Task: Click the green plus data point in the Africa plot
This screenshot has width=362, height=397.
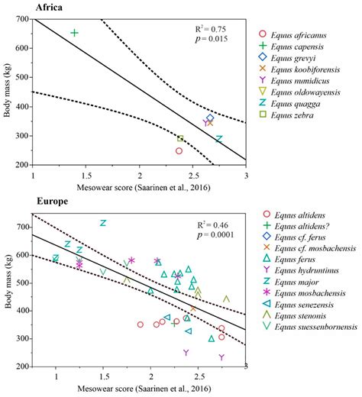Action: [x=74, y=33]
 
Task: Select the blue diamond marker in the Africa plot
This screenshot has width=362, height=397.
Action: [x=210, y=118]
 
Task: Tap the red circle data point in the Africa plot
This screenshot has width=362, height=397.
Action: [x=179, y=150]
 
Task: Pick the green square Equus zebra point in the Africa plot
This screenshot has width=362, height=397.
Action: [x=180, y=138]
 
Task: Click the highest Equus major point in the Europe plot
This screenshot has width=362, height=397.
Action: [x=103, y=223]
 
